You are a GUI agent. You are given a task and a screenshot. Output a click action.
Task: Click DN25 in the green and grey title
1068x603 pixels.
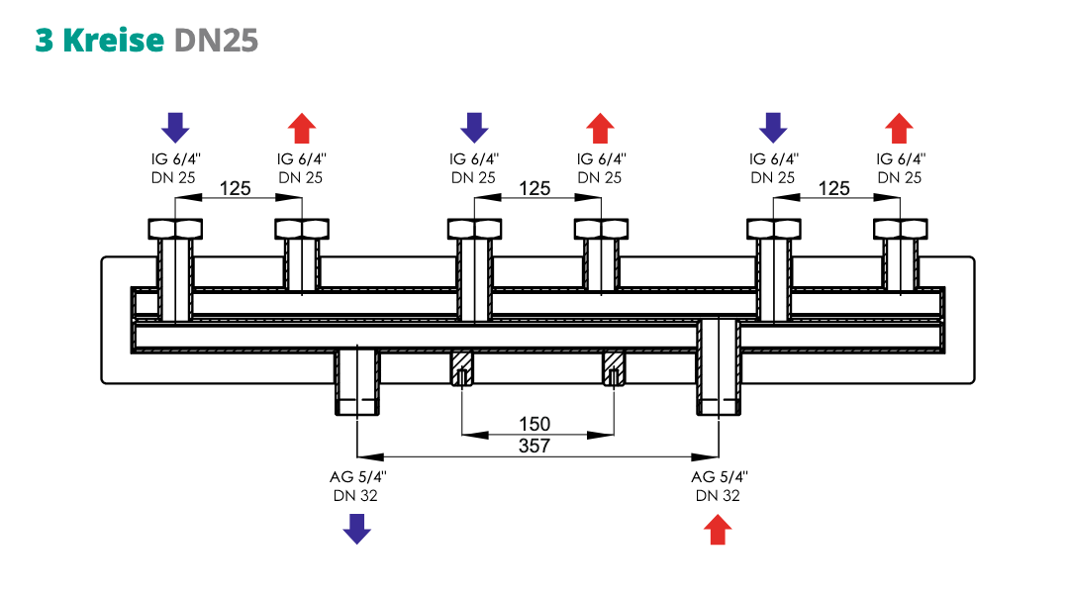(x=216, y=40)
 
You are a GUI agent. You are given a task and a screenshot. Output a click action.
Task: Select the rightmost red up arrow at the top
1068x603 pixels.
(x=899, y=128)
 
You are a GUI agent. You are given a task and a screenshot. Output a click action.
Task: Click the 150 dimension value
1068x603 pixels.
(x=534, y=424)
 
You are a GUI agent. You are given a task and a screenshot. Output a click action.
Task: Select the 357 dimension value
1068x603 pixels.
(x=534, y=447)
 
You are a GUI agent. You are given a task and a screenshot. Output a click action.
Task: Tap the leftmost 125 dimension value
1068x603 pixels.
(x=235, y=188)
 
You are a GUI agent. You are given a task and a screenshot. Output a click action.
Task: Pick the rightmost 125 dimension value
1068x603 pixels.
(x=834, y=188)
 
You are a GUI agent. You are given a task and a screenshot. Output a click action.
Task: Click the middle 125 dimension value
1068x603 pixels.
(x=534, y=188)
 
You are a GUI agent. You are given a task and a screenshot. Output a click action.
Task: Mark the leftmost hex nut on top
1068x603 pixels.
(x=175, y=229)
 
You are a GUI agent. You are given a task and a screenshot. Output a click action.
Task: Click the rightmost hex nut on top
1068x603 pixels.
(x=900, y=229)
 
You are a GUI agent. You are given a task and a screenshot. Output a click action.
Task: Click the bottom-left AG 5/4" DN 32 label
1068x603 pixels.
(x=357, y=485)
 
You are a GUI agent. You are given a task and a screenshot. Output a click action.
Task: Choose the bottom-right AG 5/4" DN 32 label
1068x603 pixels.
(x=718, y=485)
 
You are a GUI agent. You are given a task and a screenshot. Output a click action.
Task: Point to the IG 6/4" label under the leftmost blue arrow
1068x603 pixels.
(x=175, y=158)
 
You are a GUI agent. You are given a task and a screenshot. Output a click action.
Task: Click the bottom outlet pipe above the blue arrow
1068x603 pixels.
(x=356, y=383)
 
